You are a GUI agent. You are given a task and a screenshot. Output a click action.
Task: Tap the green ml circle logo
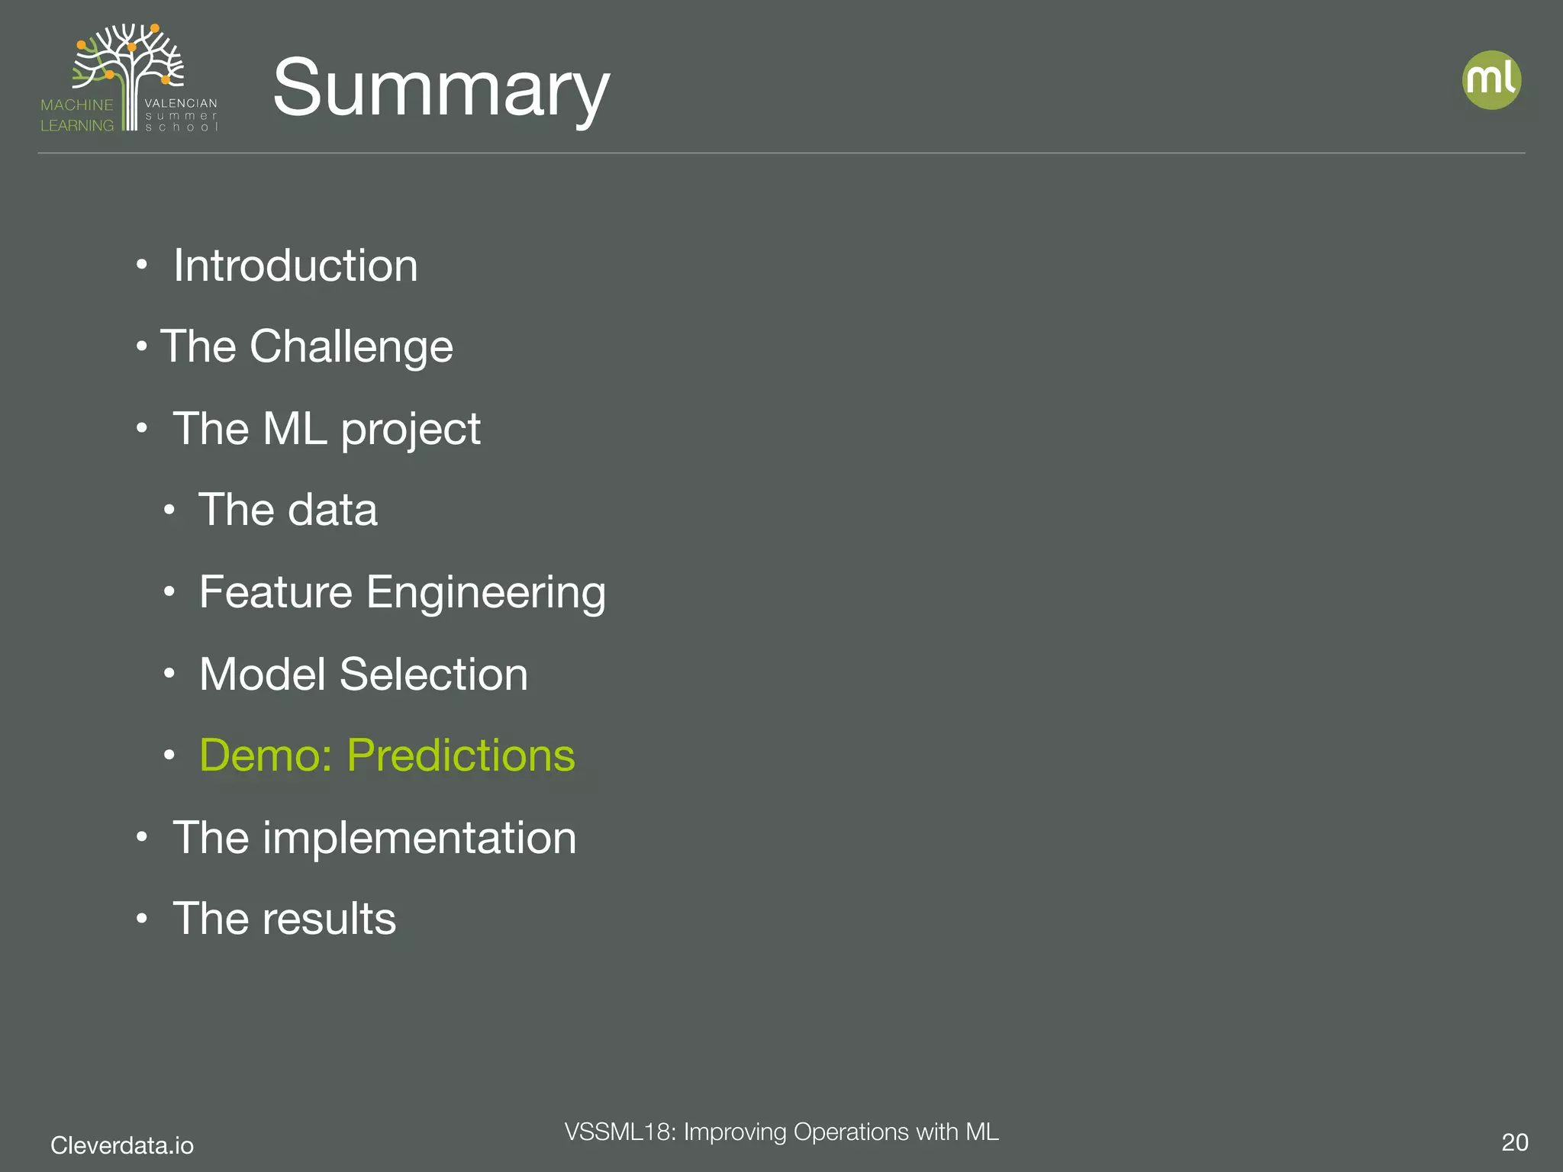pyautogui.click(x=1491, y=80)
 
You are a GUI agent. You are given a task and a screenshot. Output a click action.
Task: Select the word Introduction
pyautogui.click(x=295, y=266)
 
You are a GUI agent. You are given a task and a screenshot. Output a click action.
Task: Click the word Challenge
pyautogui.click(x=351, y=347)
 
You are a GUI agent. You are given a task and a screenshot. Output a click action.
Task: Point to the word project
pyautogui.click(x=411, y=430)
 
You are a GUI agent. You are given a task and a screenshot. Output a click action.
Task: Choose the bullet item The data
pyautogui.click(x=287, y=510)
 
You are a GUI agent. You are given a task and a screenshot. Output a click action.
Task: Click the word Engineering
pyautogui.click(x=486, y=593)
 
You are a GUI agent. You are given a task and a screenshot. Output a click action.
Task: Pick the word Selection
pyautogui.click(x=433, y=675)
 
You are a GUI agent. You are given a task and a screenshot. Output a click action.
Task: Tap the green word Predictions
pyautogui.click(x=461, y=755)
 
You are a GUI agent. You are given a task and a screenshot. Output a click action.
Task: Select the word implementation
pyautogui.click(x=420, y=838)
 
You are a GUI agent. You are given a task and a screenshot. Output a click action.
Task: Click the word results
pyautogui.click(x=330, y=919)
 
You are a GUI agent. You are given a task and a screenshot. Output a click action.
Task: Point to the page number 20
pyautogui.click(x=1514, y=1142)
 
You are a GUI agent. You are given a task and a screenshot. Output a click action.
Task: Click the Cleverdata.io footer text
pyautogui.click(x=122, y=1145)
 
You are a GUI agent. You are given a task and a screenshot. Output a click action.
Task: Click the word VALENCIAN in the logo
pyautogui.click(x=181, y=103)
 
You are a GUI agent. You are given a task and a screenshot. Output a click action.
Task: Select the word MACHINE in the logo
pyautogui.click(x=76, y=105)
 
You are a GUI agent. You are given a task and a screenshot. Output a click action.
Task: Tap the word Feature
pyautogui.click(x=276, y=593)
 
